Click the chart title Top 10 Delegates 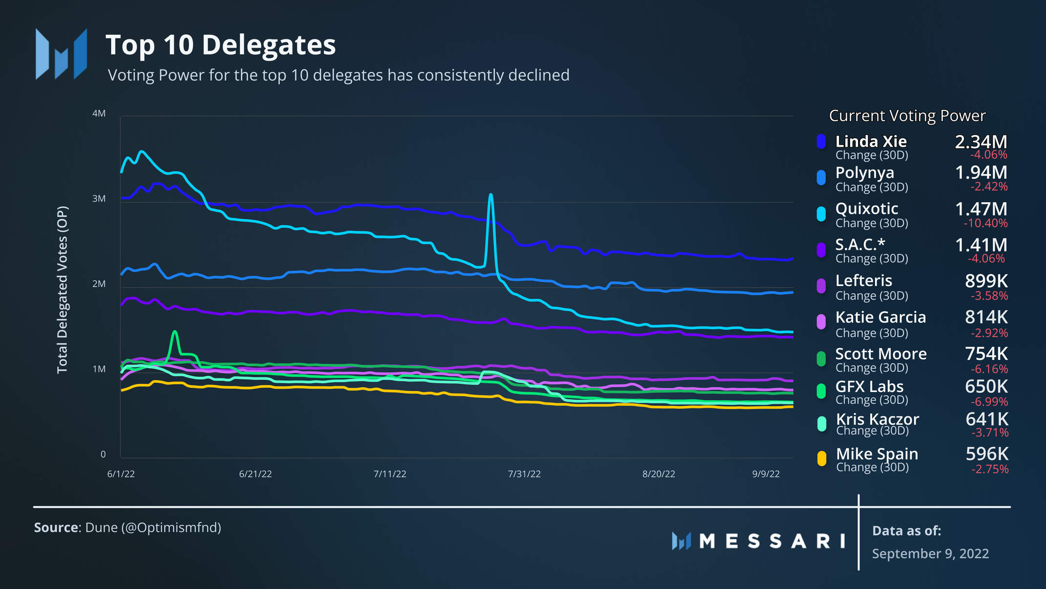pos(221,45)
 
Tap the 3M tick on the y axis pos(99,198)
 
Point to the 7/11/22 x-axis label pos(390,474)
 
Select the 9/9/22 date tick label pos(766,474)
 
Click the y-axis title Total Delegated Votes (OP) pos(63,290)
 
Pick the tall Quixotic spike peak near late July pos(491,195)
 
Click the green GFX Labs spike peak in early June pos(175,332)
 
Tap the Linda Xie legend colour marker pos(821,141)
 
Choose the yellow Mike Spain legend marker pos(822,458)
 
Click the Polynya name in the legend pos(865,173)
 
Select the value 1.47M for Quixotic pos(981,209)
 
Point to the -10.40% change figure pos(985,223)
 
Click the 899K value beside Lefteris pos(986,281)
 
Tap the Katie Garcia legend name pos(880,317)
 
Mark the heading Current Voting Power pos(907,116)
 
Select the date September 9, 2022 pos(930,553)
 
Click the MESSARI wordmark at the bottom pos(772,541)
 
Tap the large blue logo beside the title pos(62,54)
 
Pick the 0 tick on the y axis pos(103,454)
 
